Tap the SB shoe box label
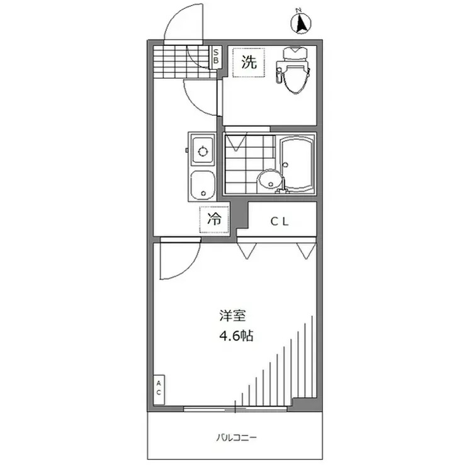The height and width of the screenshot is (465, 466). (215, 57)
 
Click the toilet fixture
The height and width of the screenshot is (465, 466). (293, 69)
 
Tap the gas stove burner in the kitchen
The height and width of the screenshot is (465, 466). (203, 150)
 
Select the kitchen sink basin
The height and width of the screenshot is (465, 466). (203, 185)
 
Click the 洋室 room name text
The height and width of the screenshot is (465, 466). (230, 315)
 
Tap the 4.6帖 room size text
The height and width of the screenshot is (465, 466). (236, 336)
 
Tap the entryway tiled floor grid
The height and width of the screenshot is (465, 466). (181, 62)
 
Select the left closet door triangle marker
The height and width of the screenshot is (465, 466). (246, 251)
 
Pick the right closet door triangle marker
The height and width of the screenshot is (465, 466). (305, 251)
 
